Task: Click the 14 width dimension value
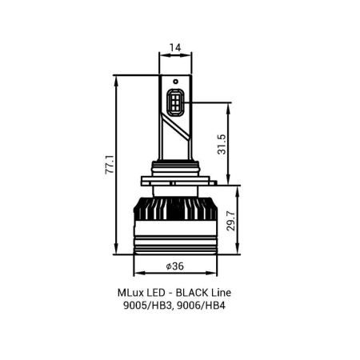[176, 47]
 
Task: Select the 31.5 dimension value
[222, 144]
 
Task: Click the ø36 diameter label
[175, 266]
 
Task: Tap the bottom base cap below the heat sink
[176, 245]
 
